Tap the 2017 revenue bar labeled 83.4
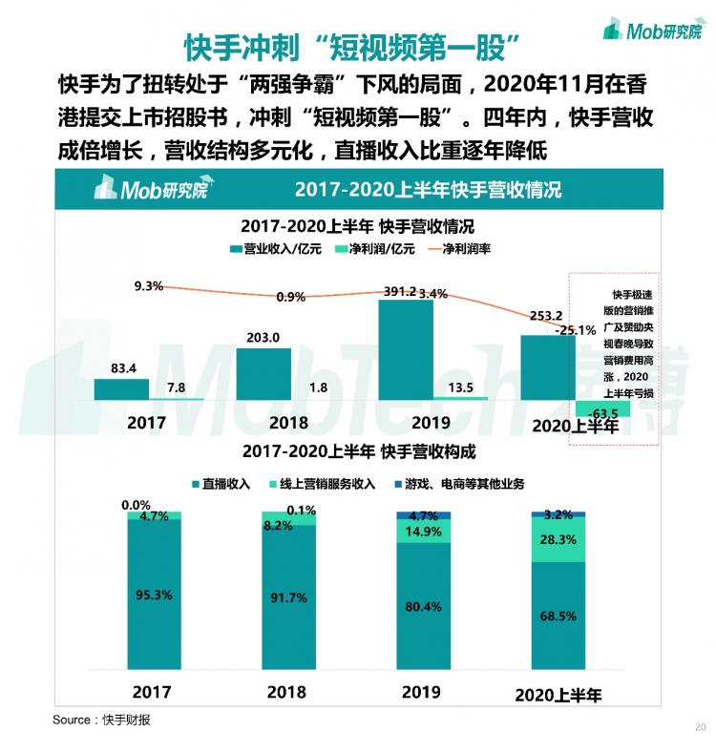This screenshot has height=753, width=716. point(121,388)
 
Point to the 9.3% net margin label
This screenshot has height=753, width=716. point(149,285)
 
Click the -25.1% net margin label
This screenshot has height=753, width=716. point(578,331)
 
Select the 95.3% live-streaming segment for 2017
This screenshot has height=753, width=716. point(154,594)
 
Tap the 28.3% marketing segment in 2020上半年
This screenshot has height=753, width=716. point(558,539)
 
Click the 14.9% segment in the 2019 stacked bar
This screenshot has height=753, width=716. point(423,532)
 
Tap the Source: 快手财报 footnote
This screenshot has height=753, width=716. point(101,720)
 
